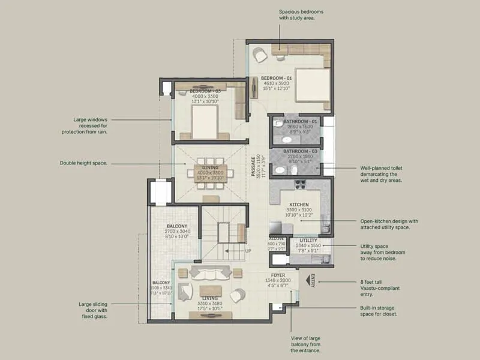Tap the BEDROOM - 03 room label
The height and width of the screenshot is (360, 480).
[206, 91]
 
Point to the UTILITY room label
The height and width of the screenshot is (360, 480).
[308, 240]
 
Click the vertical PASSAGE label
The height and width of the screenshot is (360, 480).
[254, 165]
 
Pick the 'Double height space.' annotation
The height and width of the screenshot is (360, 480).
[83, 163]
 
